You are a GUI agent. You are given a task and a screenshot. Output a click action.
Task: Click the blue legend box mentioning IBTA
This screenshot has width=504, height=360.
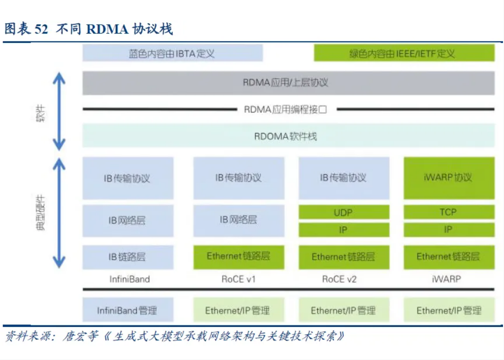172,53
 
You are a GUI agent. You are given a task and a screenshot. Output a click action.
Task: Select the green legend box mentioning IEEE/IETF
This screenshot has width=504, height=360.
404,53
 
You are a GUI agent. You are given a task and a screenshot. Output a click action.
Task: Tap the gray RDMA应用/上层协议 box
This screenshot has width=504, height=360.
288,83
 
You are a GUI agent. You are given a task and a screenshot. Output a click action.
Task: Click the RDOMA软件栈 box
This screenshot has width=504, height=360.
288,136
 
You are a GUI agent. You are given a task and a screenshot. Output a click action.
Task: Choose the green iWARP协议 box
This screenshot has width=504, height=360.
449,178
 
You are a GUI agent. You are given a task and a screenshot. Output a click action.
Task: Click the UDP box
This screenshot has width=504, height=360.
343,212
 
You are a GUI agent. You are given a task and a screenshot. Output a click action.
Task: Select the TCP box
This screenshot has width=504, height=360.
449,212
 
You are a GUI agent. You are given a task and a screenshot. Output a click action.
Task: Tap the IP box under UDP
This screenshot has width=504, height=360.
343,230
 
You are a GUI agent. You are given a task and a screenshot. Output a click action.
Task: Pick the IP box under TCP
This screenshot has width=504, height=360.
449,230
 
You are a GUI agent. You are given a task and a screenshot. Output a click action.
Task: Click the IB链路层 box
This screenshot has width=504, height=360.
128,257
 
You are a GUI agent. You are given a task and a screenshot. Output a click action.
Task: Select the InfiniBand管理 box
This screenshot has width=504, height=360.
128,311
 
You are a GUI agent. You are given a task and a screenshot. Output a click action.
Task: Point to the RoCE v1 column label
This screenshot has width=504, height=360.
238,279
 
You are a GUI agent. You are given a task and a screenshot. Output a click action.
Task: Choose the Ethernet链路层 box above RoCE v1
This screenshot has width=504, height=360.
238,257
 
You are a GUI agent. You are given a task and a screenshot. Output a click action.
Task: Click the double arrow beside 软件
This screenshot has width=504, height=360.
59,111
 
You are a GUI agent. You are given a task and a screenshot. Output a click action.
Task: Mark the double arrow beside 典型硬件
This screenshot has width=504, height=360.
59,213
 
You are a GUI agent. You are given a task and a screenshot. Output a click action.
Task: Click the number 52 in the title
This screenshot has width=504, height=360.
42,29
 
